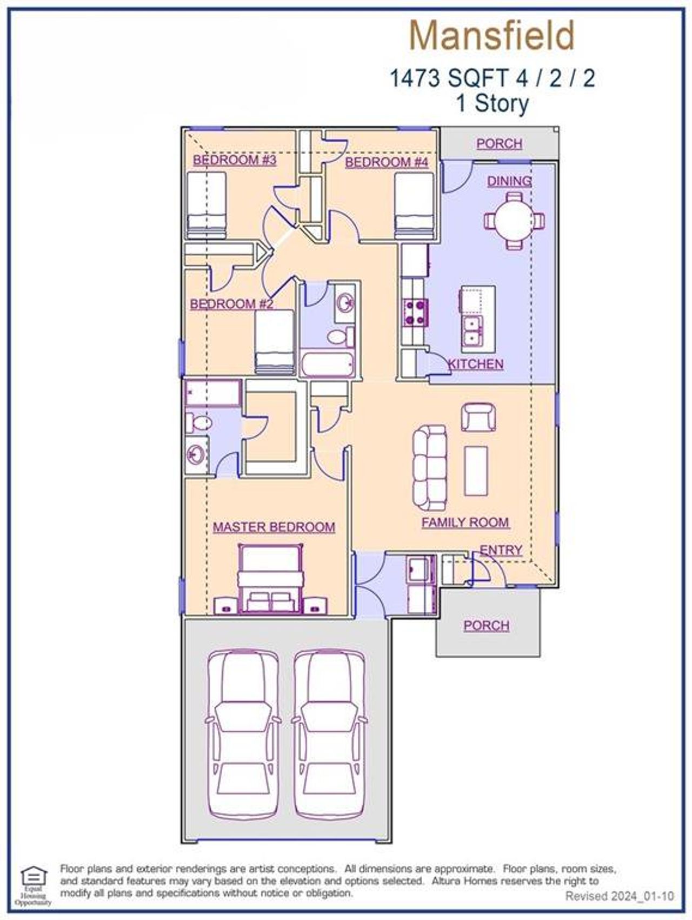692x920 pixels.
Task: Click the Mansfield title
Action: tap(491, 37)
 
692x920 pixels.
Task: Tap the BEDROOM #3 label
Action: tap(235, 160)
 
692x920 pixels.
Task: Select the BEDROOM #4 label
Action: tap(387, 162)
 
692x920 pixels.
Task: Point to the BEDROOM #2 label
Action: tap(231, 304)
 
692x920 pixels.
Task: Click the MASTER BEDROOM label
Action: tap(274, 527)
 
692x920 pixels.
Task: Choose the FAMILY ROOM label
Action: tap(465, 522)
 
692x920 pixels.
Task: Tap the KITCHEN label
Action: tap(476, 364)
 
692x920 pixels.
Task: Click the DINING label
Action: tap(509, 181)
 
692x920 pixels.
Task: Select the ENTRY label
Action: tap(501, 550)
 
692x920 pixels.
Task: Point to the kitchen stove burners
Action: tap(415, 313)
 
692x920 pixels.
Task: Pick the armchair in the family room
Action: tap(478, 417)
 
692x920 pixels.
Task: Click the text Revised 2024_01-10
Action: tap(620, 896)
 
